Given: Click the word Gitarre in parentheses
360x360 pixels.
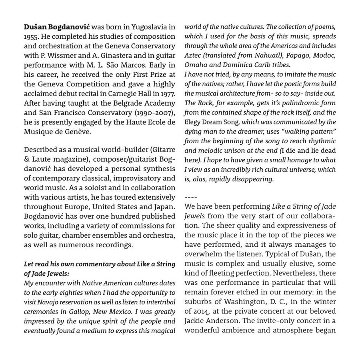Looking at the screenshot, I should pos(163,150).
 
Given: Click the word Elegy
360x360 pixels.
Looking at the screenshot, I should pos(193,122).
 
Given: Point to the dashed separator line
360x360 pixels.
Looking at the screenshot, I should pos(191,197).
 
